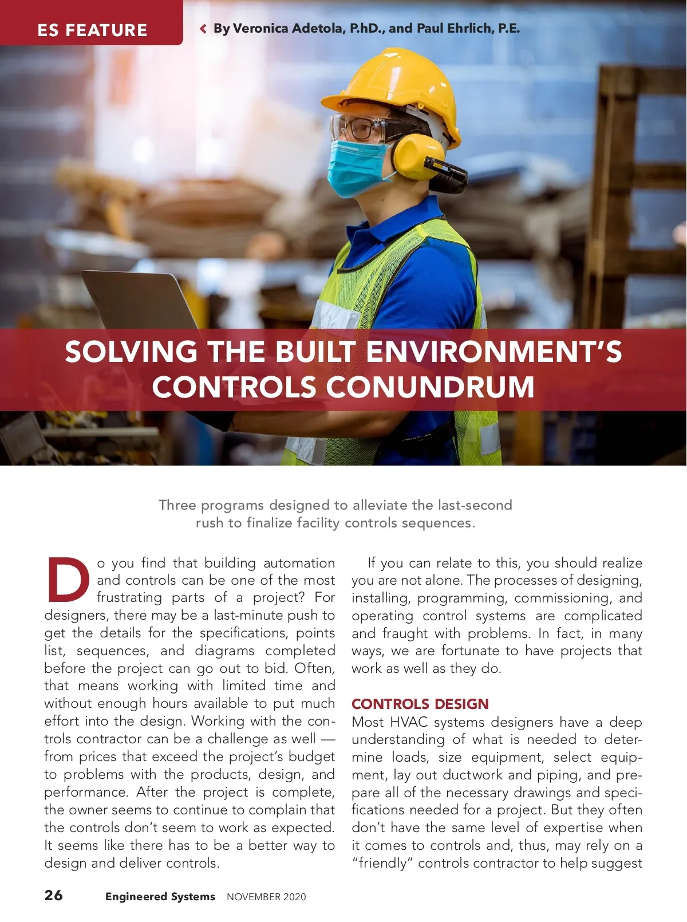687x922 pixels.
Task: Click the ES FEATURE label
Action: (92, 30)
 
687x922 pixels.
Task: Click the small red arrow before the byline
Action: (203, 29)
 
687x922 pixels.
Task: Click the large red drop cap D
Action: (68, 580)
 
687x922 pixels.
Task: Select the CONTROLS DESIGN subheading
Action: (420, 704)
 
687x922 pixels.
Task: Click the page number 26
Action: (54, 895)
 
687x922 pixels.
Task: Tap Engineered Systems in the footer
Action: (160, 896)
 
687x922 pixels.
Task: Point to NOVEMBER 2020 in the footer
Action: (266, 897)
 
